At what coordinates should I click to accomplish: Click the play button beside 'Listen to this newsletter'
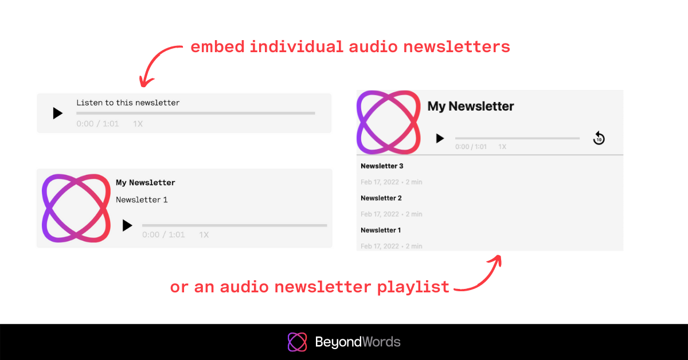pos(58,113)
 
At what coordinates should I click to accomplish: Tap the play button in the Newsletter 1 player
pos(127,225)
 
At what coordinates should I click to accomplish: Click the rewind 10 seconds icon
pos(599,138)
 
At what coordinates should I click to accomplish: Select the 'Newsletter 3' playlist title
pos(382,166)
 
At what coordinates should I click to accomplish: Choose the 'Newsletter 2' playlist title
pos(381,198)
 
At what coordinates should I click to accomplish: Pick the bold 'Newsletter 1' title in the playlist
pos(381,230)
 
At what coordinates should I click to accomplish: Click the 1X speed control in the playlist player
pos(502,147)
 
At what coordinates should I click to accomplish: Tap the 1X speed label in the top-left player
pos(138,124)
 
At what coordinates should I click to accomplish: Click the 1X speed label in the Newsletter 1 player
pos(204,234)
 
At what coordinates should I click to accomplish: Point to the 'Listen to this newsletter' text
pos(128,103)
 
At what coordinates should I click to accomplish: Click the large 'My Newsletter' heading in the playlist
pos(471,106)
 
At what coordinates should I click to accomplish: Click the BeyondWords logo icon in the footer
pos(297,342)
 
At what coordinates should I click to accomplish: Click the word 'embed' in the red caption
pos(217,46)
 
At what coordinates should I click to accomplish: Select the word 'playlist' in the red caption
pos(413,287)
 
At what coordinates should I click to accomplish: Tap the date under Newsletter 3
pos(380,182)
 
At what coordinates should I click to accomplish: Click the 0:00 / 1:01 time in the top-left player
pos(97,124)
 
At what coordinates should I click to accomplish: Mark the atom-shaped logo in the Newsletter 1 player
pos(76,208)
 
